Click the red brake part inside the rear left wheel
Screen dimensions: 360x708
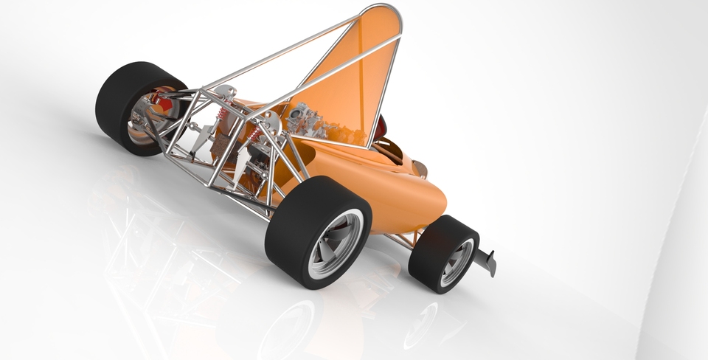(x=162, y=103)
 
